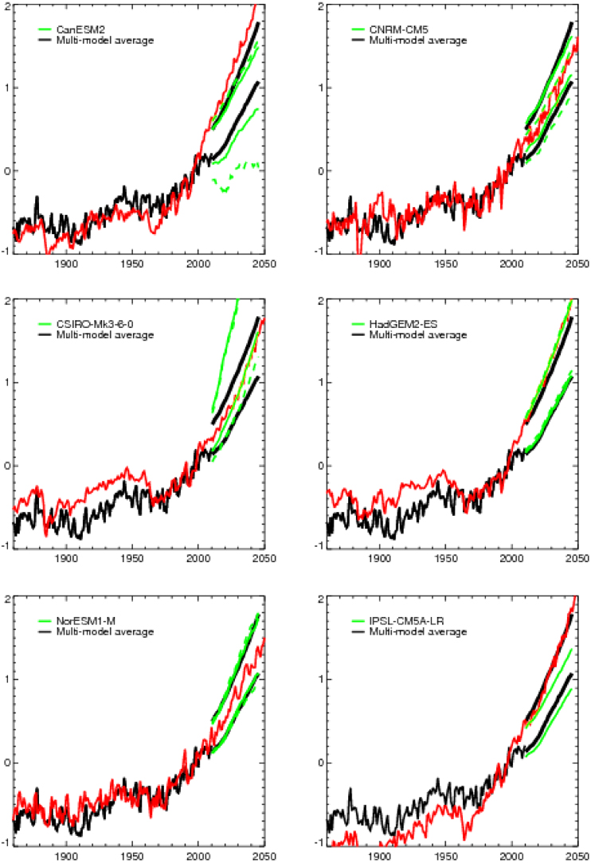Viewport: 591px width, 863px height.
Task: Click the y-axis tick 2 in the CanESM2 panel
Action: (6, 6)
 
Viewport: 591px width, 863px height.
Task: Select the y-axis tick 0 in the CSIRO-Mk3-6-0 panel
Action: (6, 465)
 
